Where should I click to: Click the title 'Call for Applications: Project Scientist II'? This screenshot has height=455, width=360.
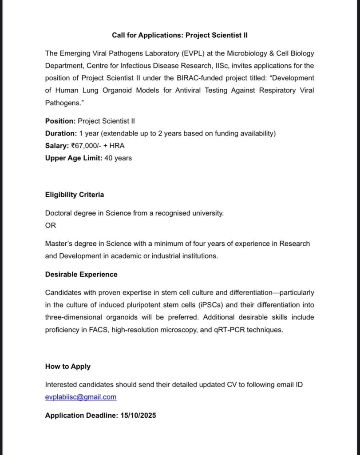pyautogui.click(x=180, y=35)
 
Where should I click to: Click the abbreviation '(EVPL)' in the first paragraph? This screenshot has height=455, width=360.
pyautogui.click(x=194, y=53)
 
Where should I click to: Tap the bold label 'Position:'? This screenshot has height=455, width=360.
pyautogui.click(x=60, y=121)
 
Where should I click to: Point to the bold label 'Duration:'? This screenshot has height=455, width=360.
pyautogui.click(x=61, y=133)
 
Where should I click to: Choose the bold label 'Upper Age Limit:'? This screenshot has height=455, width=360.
pyautogui.click(x=74, y=158)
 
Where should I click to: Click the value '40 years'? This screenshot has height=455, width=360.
pyautogui.click(x=118, y=158)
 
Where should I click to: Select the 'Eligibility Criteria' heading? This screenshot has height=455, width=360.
pyautogui.click(x=75, y=195)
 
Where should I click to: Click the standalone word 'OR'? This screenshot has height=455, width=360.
pyautogui.click(x=51, y=225)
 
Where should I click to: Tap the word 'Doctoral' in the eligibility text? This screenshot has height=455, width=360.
pyautogui.click(x=59, y=213)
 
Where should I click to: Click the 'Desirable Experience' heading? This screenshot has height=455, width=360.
pyautogui.click(x=81, y=274)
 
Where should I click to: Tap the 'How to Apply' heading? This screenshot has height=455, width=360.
pyautogui.click(x=67, y=367)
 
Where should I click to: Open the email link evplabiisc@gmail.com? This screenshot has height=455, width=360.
pyautogui.click(x=81, y=397)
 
